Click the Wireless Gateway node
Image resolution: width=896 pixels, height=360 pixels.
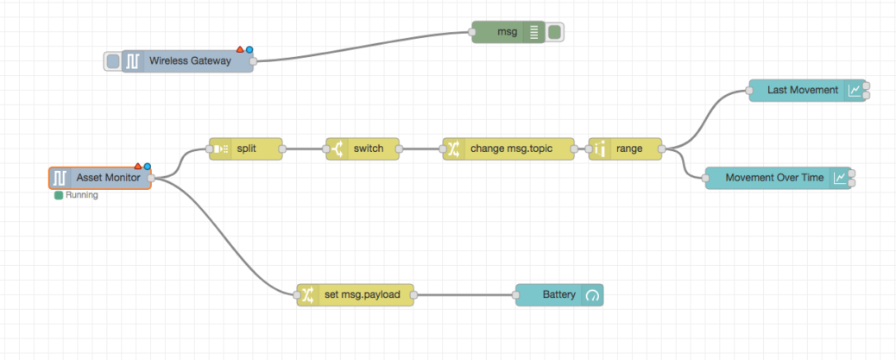(x=190, y=61)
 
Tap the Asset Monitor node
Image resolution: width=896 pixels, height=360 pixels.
(x=108, y=178)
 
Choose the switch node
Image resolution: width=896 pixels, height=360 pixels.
(x=368, y=148)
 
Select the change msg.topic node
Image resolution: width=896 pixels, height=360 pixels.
(x=514, y=148)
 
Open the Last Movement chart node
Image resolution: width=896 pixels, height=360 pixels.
(x=802, y=90)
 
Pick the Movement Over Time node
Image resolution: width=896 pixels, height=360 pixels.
(x=774, y=178)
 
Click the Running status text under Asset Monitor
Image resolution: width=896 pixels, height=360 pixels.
(x=81, y=196)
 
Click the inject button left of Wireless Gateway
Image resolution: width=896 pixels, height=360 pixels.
(x=112, y=61)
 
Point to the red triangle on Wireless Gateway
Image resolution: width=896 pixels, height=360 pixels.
(x=241, y=50)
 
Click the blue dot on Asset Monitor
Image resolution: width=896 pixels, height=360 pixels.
(x=148, y=166)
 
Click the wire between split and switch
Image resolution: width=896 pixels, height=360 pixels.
(x=305, y=148)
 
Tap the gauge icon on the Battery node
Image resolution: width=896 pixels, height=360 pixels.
(x=592, y=295)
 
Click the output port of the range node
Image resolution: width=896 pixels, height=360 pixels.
(x=662, y=148)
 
